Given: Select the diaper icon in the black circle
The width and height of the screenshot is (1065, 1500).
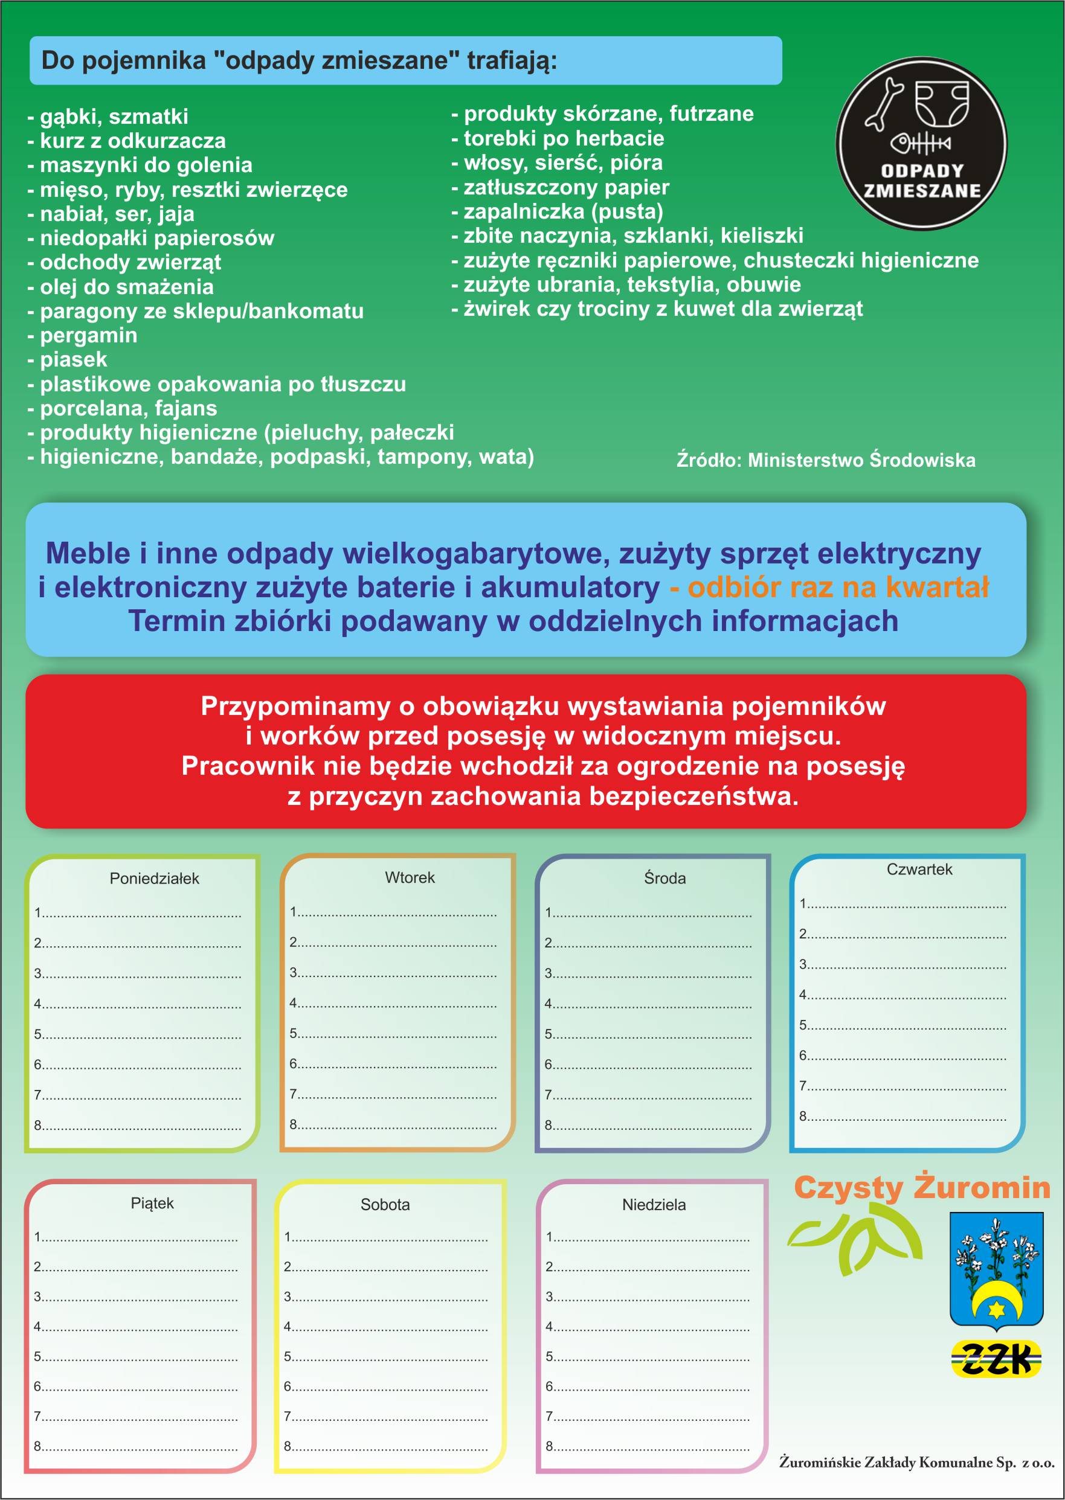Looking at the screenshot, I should (942, 102).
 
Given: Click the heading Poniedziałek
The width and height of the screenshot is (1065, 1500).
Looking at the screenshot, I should (154, 879).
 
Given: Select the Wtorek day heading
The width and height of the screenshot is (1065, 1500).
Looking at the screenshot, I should (409, 877).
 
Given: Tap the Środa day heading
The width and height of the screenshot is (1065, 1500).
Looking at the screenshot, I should (664, 878).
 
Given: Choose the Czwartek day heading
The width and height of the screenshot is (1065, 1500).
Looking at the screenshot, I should (919, 870).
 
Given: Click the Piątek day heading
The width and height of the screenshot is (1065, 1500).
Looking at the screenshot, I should (152, 1203).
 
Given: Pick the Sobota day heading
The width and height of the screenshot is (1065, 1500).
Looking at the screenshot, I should (385, 1204).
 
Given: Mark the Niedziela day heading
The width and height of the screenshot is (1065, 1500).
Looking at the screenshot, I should (653, 1204).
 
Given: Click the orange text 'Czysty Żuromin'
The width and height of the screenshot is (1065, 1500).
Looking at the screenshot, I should (921, 1187).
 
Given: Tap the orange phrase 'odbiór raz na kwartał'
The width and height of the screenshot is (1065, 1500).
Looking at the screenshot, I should (837, 587).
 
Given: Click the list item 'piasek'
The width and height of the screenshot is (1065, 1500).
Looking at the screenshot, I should (73, 359).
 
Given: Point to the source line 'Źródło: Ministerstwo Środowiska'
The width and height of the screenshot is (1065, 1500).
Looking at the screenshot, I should (826, 460).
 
